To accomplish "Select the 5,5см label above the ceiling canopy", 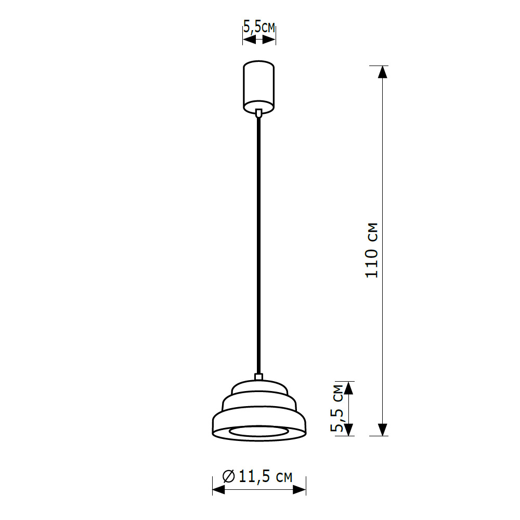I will (x=259, y=28).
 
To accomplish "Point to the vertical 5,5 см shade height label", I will (x=338, y=409).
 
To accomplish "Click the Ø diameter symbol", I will (x=228, y=476).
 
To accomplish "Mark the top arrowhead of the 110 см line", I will (x=383, y=72).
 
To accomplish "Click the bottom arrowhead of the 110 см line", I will (x=383, y=430).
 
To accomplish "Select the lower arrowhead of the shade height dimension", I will (x=349, y=430).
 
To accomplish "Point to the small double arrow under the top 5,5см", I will (x=259, y=40).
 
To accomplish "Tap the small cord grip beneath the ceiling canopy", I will (x=259, y=112).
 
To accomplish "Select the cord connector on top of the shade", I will (x=259, y=376).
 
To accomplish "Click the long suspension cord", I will (x=259, y=244).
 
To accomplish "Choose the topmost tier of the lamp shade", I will (x=259, y=387).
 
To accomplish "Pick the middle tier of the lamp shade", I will (x=259, y=402).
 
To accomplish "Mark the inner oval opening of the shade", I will (x=259, y=432).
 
